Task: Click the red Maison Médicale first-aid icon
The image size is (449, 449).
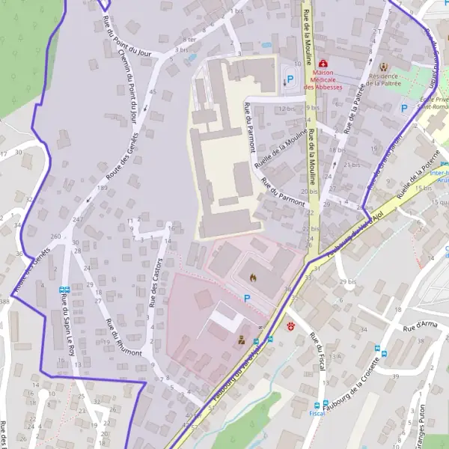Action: tap(323, 64)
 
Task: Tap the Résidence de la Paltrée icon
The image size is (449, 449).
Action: tap(386, 67)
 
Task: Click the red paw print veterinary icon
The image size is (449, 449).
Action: tap(290, 326)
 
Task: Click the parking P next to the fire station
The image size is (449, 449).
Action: tap(246, 297)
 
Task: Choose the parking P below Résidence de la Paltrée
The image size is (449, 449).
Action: tap(404, 109)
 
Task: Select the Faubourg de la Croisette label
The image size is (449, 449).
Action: tap(363, 381)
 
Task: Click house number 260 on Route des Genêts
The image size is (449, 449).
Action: tap(55, 236)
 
